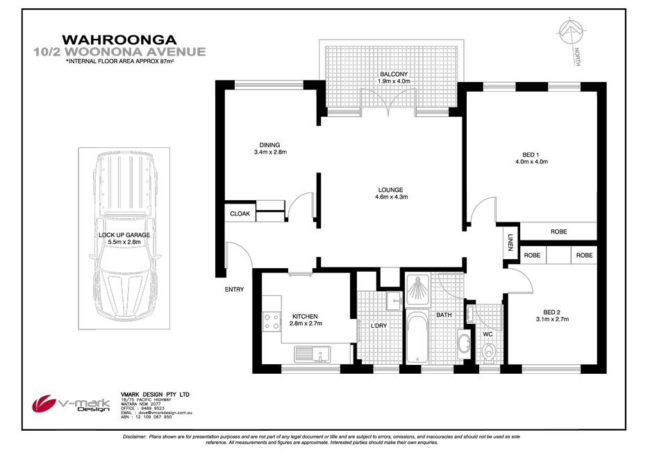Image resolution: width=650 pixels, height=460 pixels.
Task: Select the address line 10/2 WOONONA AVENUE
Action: tap(119, 51)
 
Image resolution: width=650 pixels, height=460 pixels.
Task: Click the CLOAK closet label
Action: tap(240, 214)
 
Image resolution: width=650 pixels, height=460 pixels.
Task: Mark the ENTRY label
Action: tap(234, 290)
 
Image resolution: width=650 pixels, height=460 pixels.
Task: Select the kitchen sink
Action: tap(312, 355)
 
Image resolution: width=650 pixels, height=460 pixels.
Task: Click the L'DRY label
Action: tap(378, 326)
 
